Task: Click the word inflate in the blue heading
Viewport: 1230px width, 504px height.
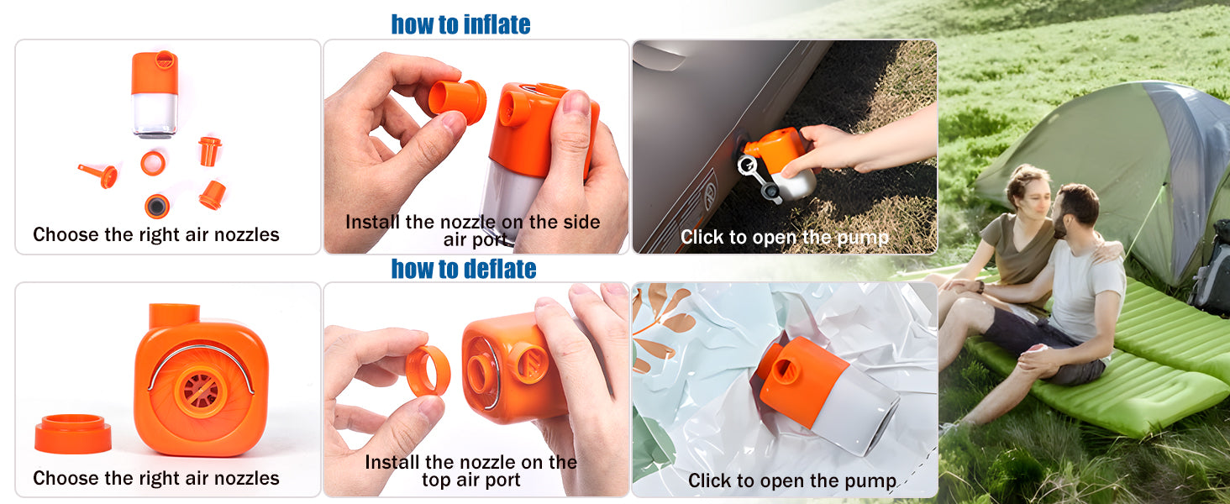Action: (497, 24)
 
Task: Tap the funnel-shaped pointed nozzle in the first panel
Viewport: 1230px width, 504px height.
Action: (99, 175)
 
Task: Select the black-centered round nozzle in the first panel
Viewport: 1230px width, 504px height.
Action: (157, 206)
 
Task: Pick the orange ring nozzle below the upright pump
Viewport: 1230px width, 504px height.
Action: (153, 163)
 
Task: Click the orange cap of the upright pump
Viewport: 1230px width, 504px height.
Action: (155, 72)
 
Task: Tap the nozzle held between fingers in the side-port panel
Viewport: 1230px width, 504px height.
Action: (457, 101)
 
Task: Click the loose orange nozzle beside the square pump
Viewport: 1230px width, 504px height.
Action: (72, 433)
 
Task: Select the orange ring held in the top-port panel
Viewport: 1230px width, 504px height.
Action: (428, 370)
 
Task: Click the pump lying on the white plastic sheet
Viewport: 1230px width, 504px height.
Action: (827, 396)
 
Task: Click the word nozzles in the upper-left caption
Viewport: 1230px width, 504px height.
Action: (246, 234)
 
